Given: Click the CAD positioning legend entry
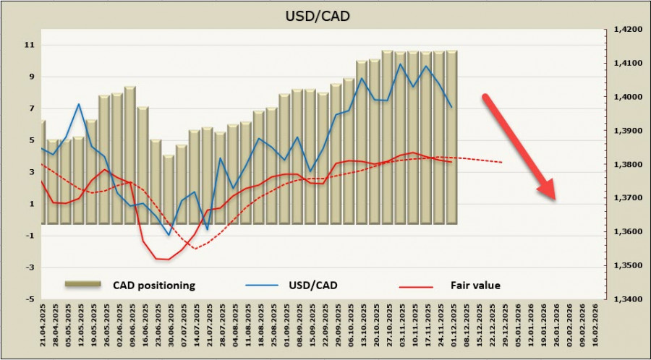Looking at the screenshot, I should click(153, 285).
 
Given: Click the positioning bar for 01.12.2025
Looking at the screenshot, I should click(451, 137).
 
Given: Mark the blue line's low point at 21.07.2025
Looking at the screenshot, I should click(208, 229).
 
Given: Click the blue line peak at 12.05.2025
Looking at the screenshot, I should click(79, 104).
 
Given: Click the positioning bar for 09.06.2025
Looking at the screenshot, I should click(130, 155).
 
